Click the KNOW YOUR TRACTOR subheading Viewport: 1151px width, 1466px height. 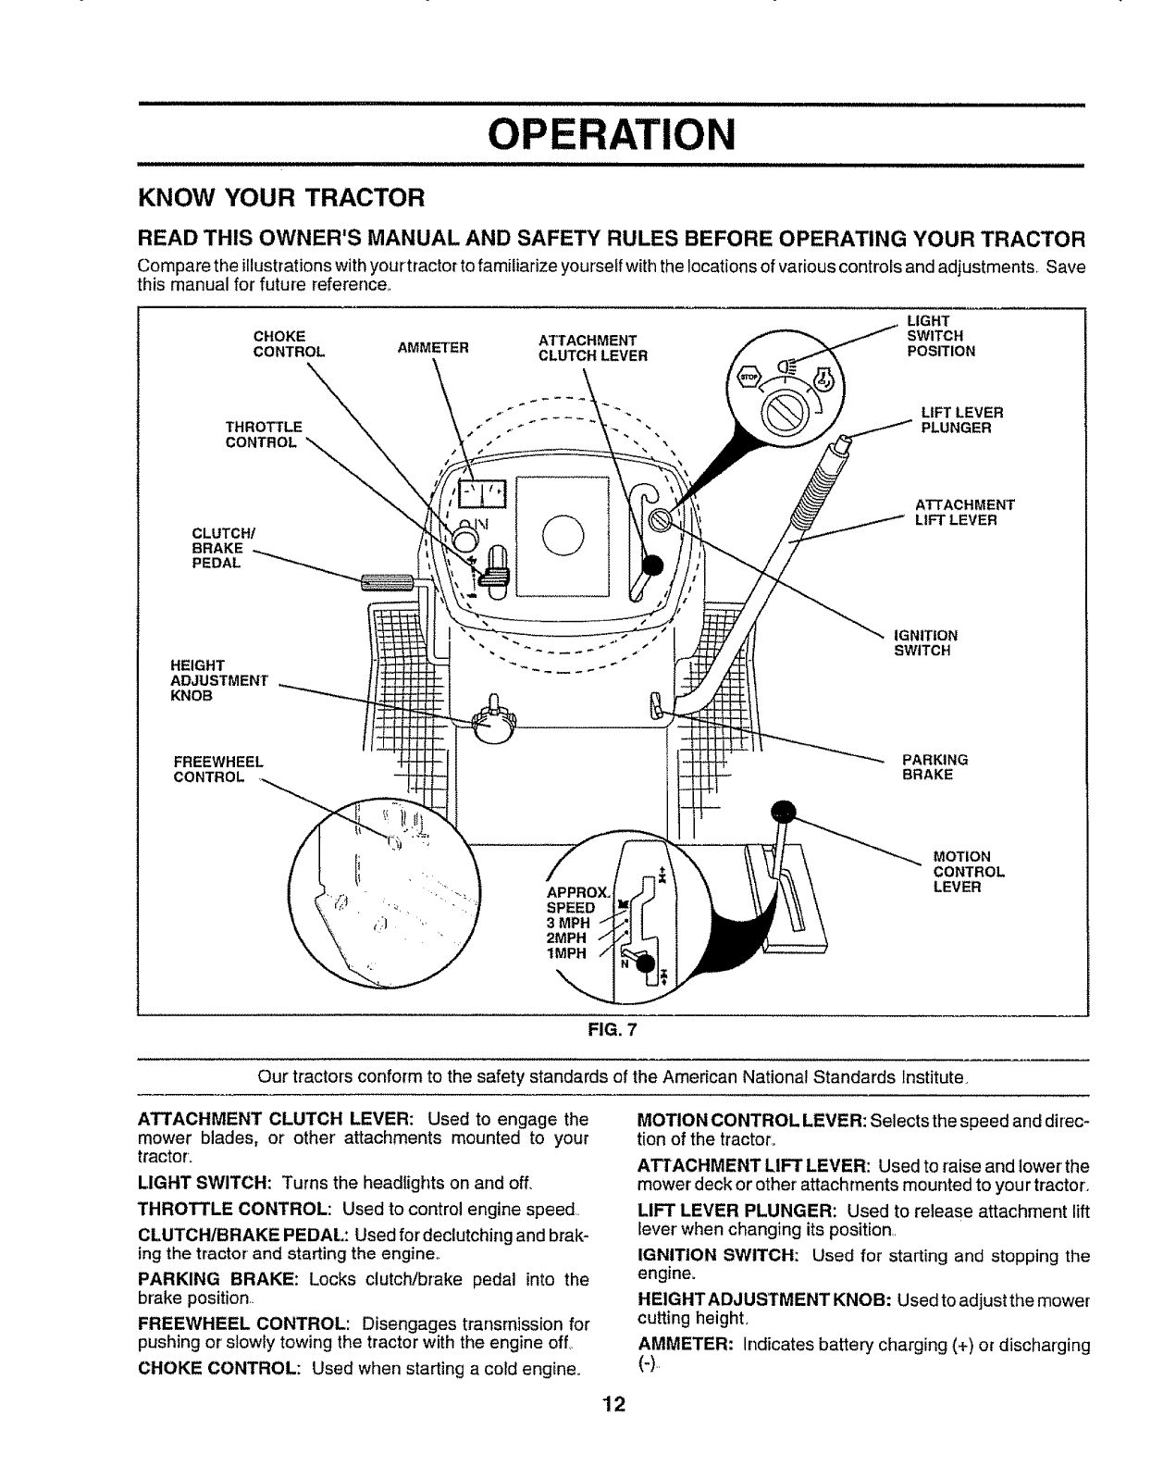(x=280, y=198)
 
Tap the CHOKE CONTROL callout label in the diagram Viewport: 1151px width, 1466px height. (x=289, y=343)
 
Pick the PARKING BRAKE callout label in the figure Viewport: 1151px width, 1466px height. (x=934, y=766)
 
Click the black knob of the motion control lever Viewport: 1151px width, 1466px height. (x=785, y=811)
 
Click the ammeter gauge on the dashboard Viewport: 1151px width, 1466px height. (x=484, y=496)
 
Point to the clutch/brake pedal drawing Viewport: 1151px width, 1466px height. (x=388, y=581)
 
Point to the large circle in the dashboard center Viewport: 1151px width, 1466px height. (x=563, y=534)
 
